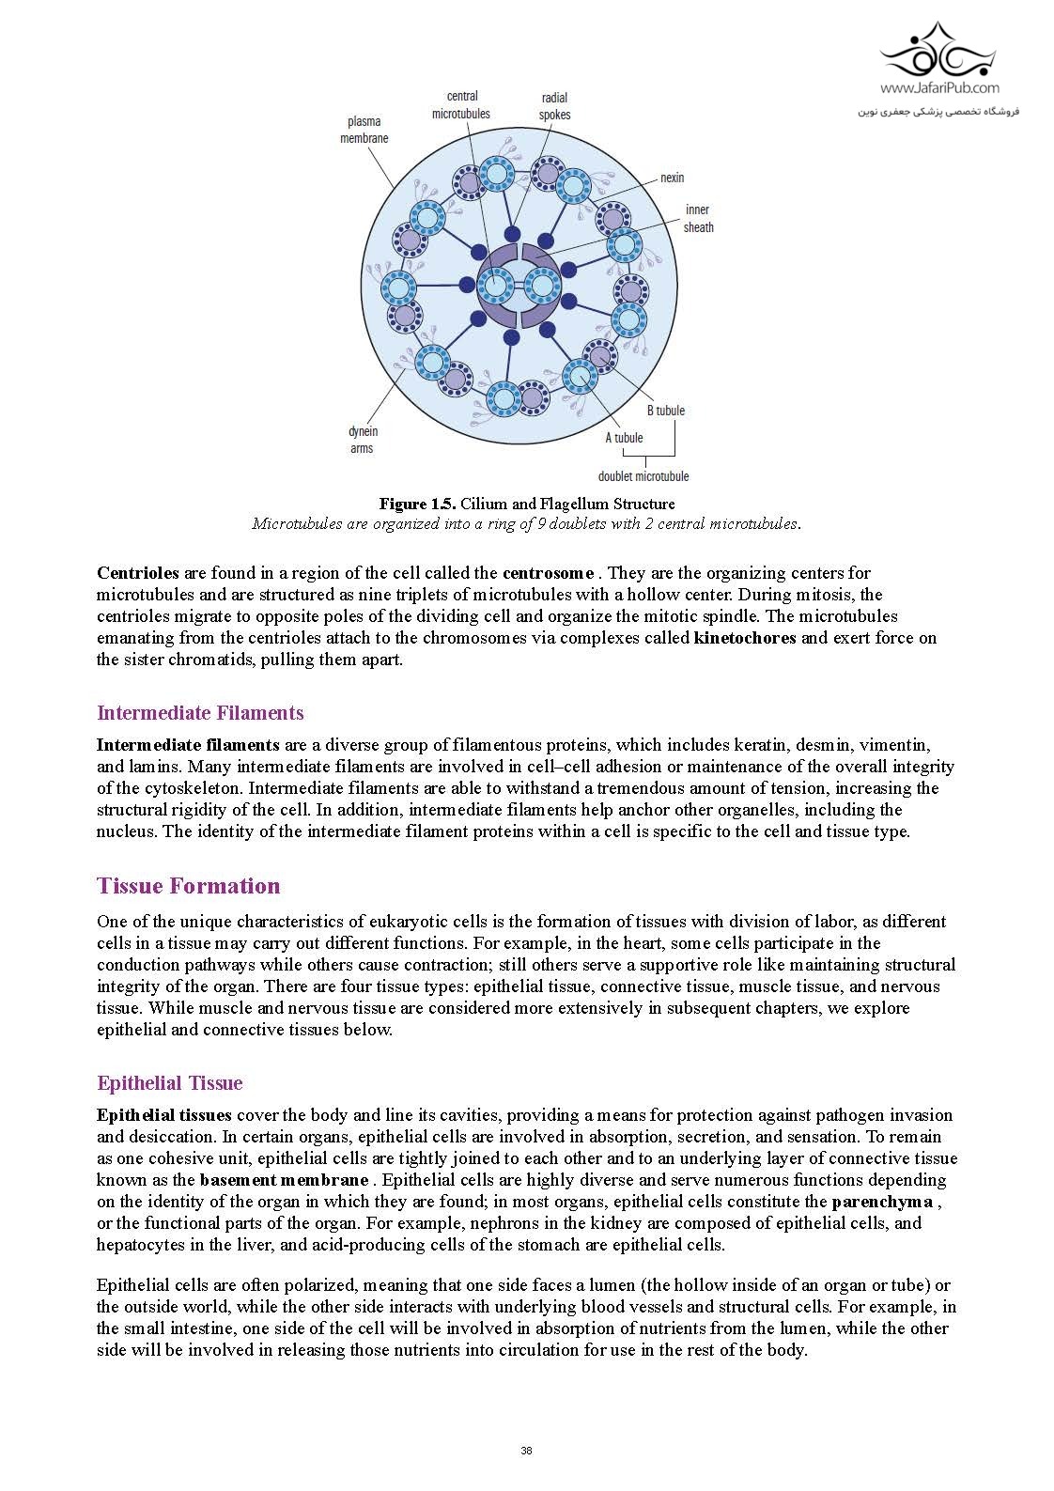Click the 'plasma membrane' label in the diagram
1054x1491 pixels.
(x=364, y=130)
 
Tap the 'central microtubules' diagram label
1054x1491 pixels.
(x=461, y=104)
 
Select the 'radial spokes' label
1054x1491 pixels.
(x=554, y=106)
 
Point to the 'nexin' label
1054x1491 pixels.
(x=672, y=178)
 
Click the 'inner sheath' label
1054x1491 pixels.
(x=698, y=218)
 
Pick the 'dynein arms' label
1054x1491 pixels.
(x=363, y=440)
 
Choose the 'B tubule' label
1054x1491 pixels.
(x=665, y=411)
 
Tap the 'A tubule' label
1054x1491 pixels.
(x=624, y=437)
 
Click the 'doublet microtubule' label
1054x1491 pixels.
(x=643, y=476)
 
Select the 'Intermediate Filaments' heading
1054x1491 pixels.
(x=200, y=713)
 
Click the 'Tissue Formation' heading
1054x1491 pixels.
(x=188, y=886)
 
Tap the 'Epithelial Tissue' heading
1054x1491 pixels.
(x=169, y=1083)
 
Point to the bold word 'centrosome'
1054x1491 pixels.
(x=548, y=573)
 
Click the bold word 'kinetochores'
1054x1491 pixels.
(x=745, y=638)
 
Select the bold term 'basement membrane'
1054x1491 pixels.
(x=284, y=1180)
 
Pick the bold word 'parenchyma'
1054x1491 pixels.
(x=882, y=1202)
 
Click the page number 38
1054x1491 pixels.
(x=526, y=1451)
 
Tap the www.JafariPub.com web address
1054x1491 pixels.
(x=939, y=88)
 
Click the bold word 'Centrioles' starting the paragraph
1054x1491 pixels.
(x=138, y=573)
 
